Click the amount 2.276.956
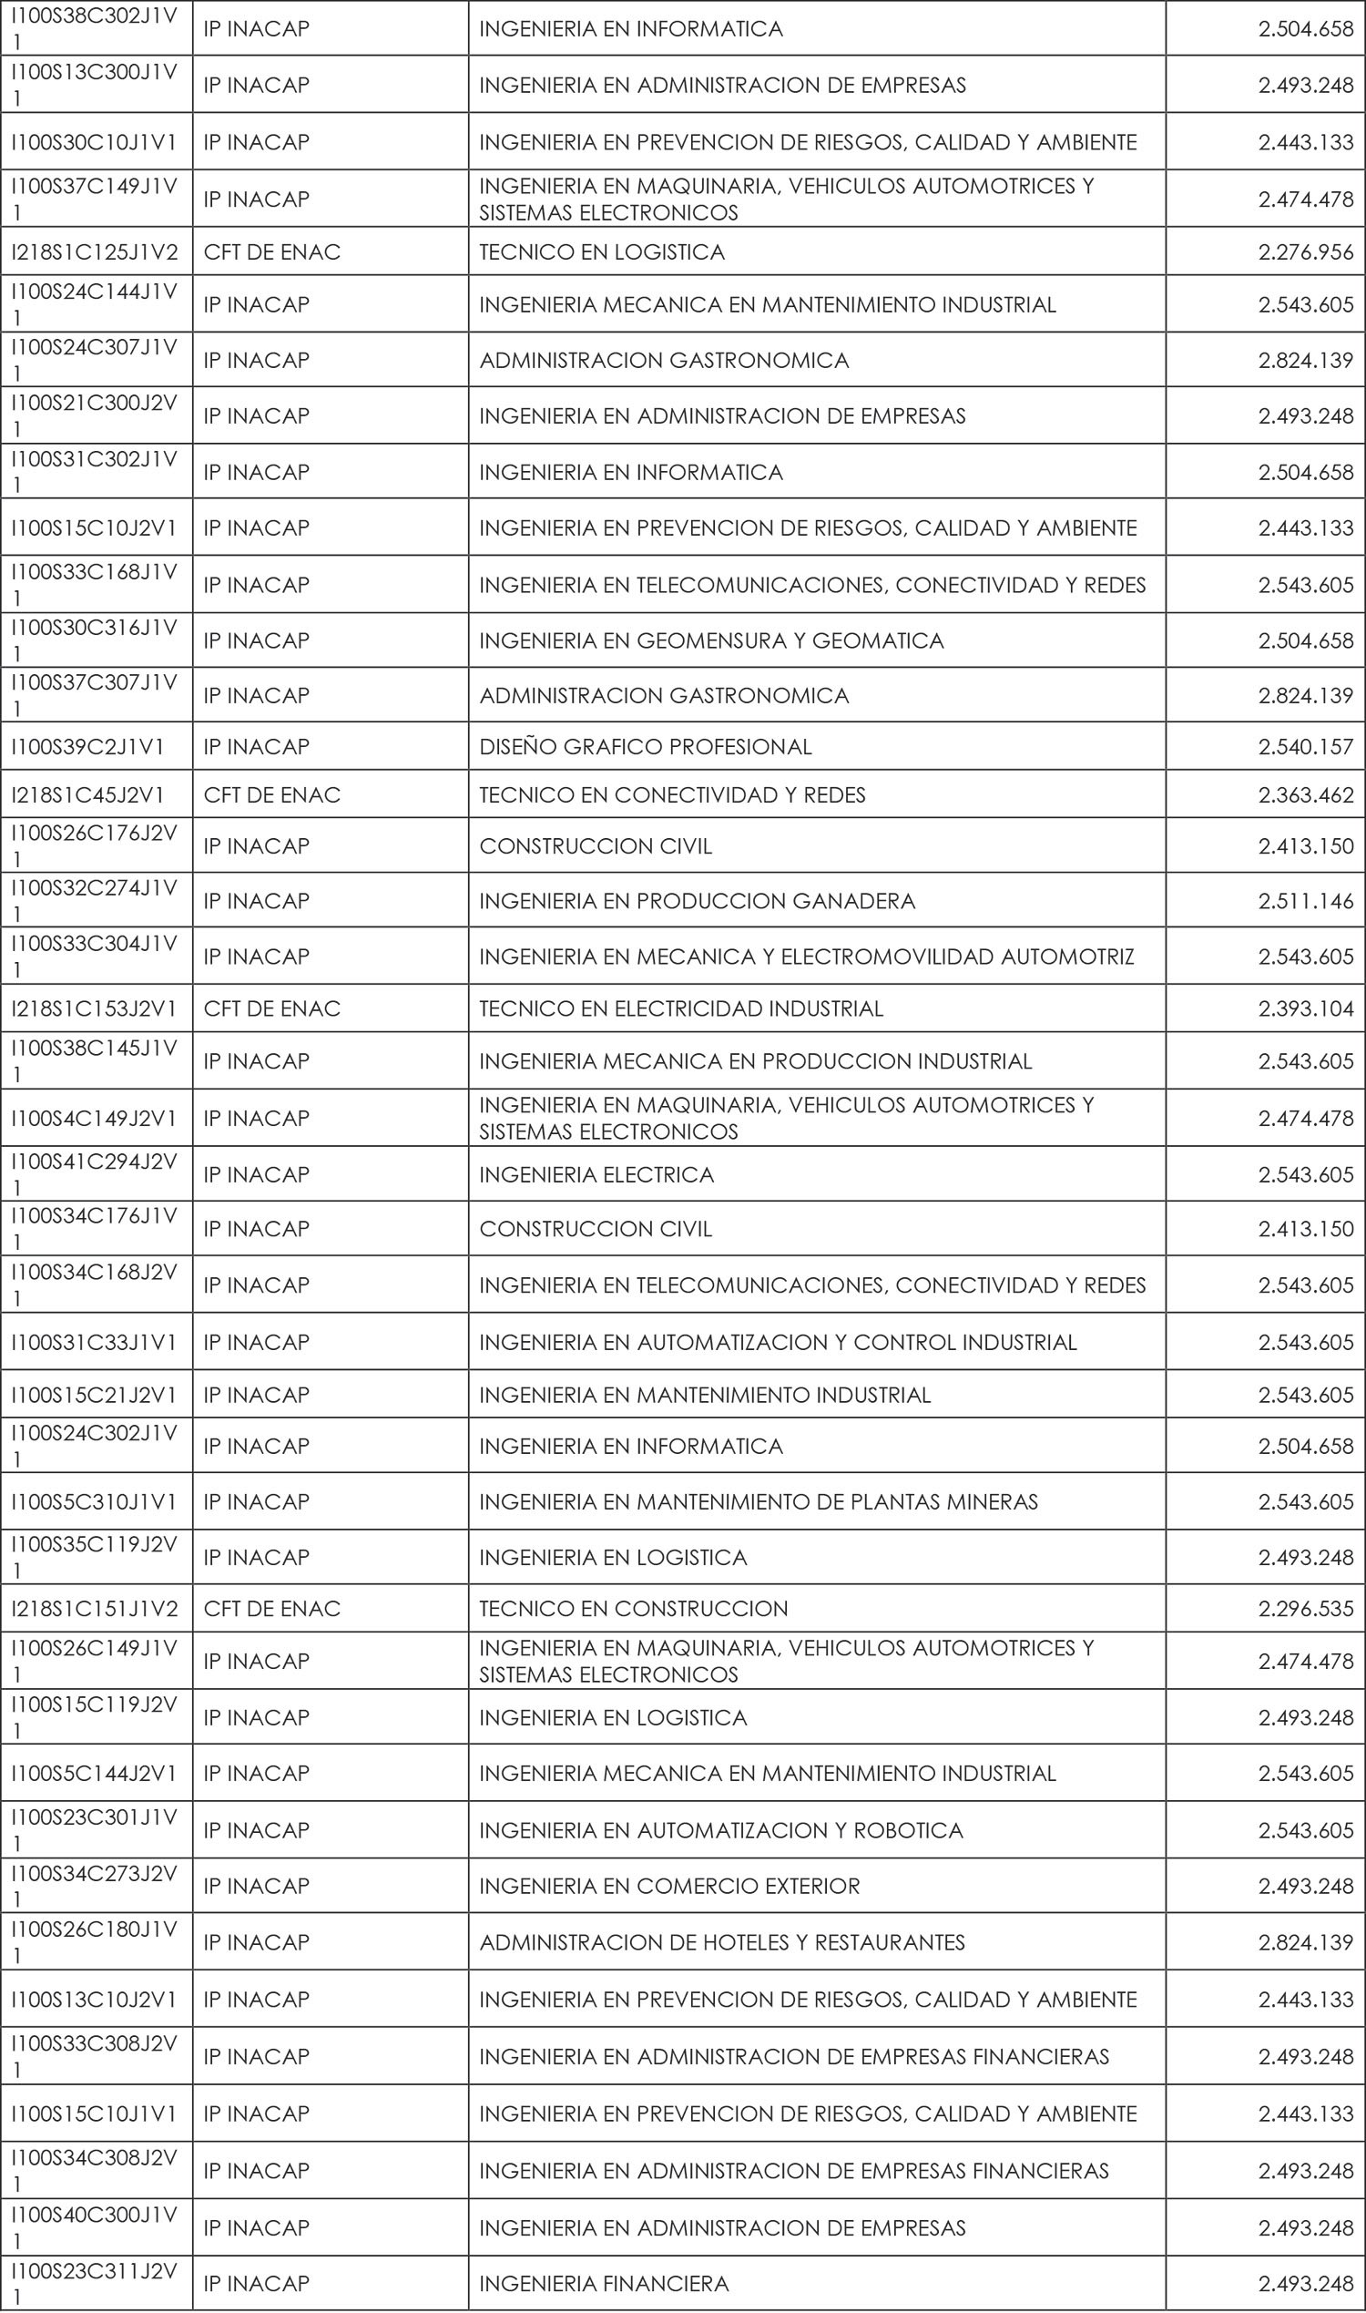(x=1305, y=252)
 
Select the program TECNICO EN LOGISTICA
(x=602, y=252)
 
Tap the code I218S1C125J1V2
(x=95, y=252)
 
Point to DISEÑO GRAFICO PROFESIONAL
(x=646, y=747)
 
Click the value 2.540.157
(x=1305, y=747)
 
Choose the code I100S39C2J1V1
(x=87, y=747)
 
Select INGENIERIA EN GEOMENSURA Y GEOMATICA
(x=711, y=640)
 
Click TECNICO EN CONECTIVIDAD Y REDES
(x=672, y=795)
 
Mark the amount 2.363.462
(x=1305, y=795)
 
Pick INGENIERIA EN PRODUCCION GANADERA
(x=697, y=902)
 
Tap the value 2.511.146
(x=1305, y=902)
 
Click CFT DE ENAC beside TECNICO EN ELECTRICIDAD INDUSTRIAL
(x=271, y=1009)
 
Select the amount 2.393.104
(x=1305, y=1009)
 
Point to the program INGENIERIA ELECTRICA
(x=596, y=1176)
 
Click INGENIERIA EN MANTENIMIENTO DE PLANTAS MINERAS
(x=759, y=1503)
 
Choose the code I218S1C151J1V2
(x=95, y=1610)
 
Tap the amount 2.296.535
(x=1305, y=1610)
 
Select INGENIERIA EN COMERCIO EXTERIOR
(x=669, y=1887)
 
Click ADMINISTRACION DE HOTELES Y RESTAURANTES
(x=721, y=1943)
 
